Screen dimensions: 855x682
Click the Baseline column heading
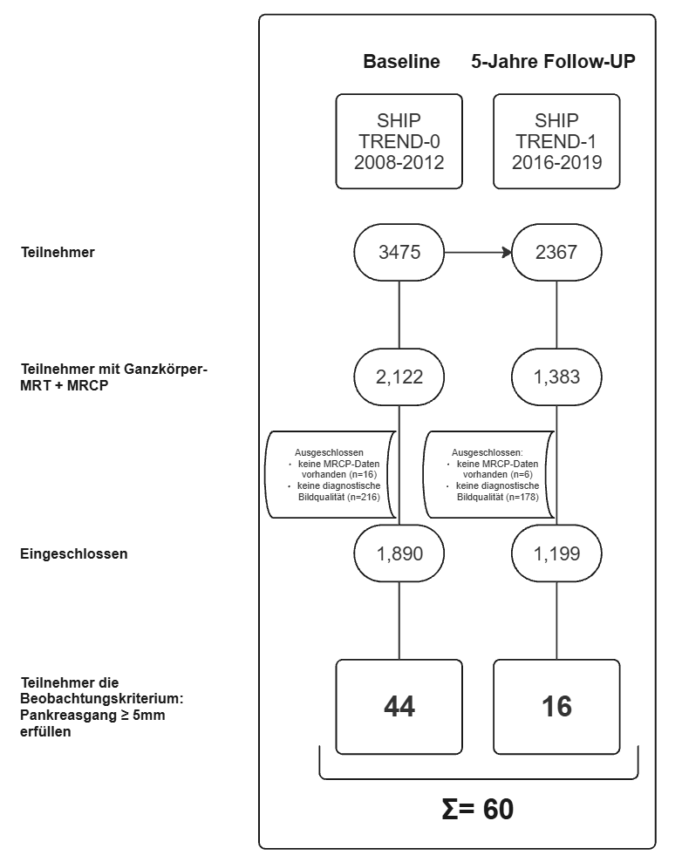[x=401, y=63]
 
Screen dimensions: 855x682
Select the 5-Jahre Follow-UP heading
[x=553, y=63]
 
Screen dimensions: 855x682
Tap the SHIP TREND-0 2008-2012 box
[x=399, y=141]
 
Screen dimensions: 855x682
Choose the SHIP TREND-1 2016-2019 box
[x=556, y=141]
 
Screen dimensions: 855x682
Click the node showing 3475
[x=399, y=254]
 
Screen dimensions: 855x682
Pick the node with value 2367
[x=556, y=254]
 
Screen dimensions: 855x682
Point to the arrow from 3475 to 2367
[x=477, y=254]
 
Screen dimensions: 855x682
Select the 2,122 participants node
[x=399, y=377]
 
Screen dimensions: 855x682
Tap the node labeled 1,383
[x=556, y=377]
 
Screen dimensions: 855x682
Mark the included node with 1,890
[x=399, y=553]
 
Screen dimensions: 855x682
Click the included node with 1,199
[x=556, y=553]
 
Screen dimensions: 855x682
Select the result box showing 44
[x=399, y=706]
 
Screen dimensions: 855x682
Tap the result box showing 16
[x=556, y=706]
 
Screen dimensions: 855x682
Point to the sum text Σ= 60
[x=478, y=809]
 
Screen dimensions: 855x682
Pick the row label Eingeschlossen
[x=73, y=553]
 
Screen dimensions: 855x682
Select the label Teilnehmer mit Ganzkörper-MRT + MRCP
[x=113, y=377]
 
